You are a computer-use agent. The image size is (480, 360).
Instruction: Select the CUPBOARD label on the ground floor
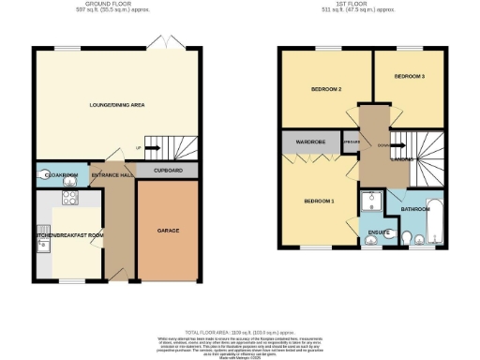pos(168,171)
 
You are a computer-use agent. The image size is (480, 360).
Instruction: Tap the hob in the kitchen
pos(68,198)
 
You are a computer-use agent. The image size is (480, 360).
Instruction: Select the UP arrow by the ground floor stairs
pos(140,148)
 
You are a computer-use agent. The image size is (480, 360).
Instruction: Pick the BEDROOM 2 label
pos(325,89)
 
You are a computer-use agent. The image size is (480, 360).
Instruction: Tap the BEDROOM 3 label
pos(409,75)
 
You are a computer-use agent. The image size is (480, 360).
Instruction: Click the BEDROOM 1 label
pos(319,201)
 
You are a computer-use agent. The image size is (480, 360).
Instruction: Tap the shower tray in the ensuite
pos(373,202)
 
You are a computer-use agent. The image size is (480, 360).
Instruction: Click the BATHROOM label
pos(414,209)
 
